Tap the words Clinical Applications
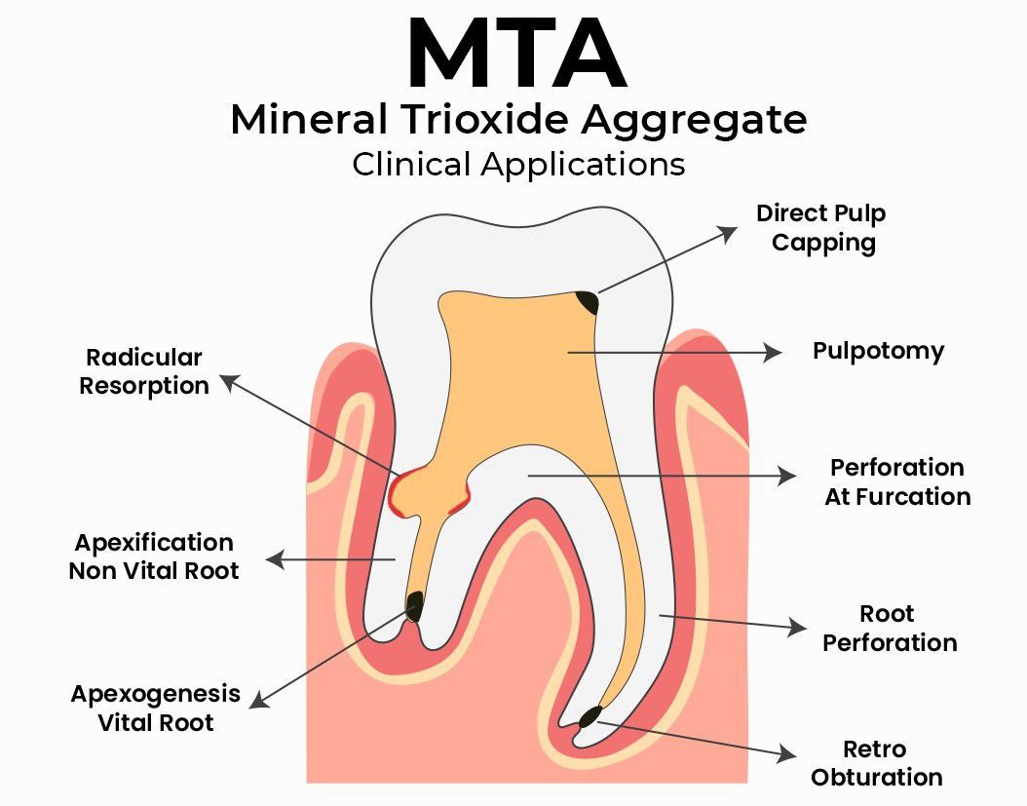coord(517,164)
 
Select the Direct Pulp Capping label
coord(821,227)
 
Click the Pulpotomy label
coord(878,351)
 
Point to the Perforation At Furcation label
coord(897,481)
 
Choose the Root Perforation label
coord(889,629)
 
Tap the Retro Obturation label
coord(876,763)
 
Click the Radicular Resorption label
coord(144,371)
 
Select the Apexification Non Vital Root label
coord(154,557)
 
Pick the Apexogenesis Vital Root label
coord(156,708)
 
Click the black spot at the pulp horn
coord(588,302)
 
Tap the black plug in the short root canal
coord(414,606)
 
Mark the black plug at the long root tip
coord(590,719)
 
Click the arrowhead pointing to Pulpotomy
coord(774,352)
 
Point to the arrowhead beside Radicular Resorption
coord(228,381)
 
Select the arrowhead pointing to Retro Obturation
coord(786,753)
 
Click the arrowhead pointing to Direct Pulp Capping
coord(729,232)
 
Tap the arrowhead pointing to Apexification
coord(274,559)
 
